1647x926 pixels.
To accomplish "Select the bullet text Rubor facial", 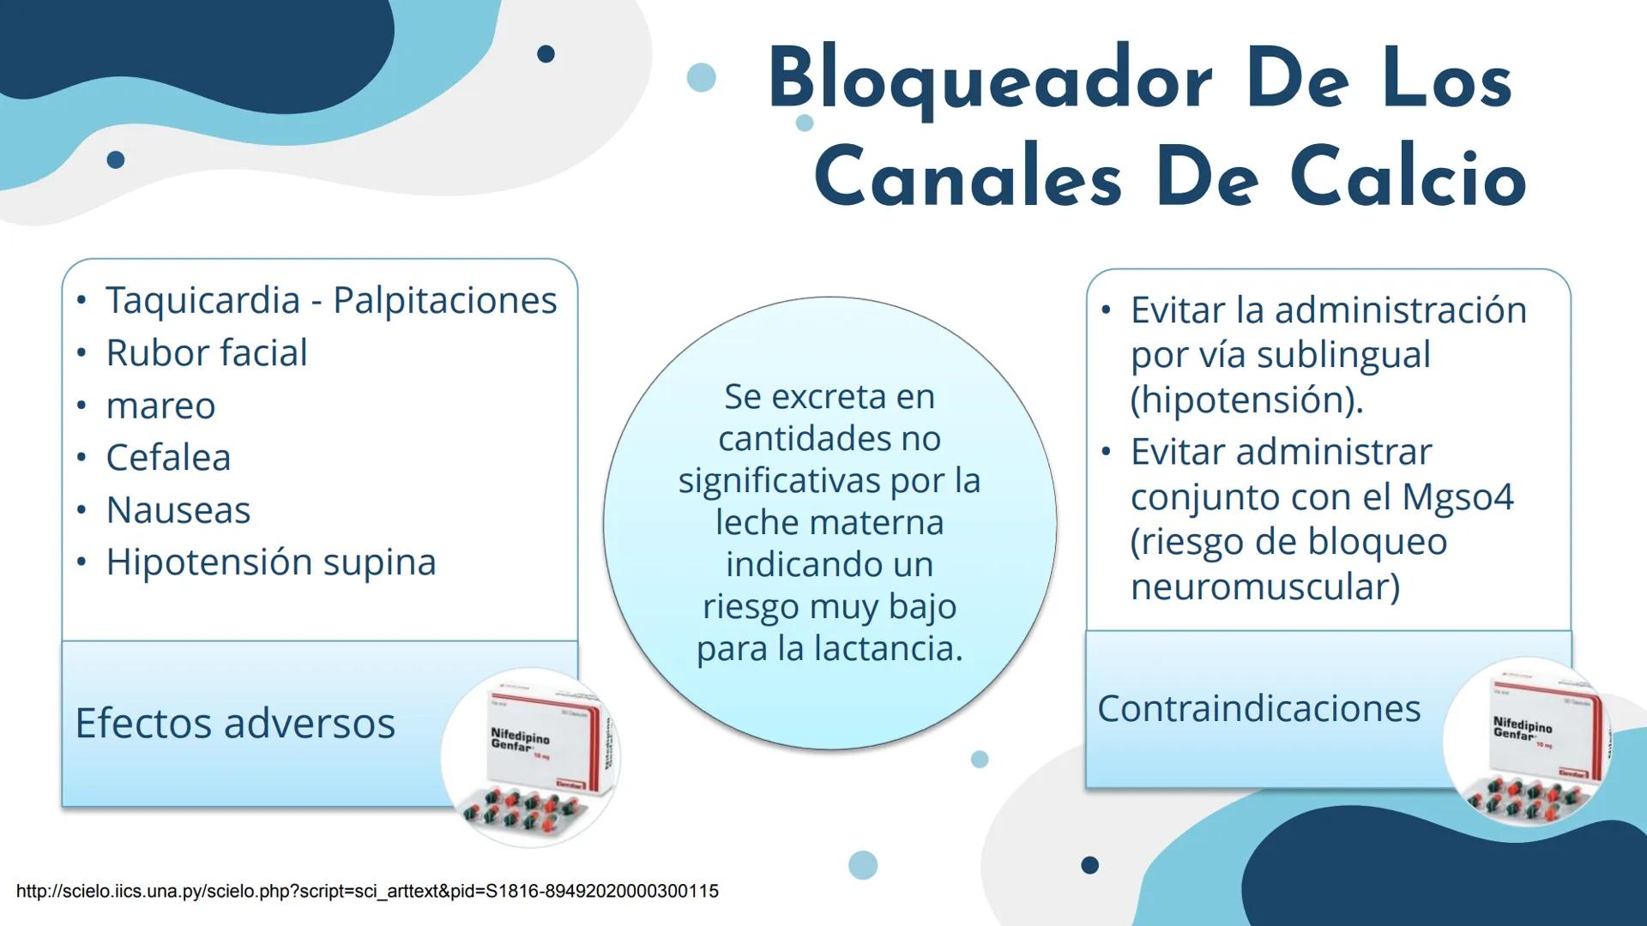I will pyautogui.click(x=207, y=353).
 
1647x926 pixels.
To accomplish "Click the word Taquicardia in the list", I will pyautogui.click(x=203, y=301).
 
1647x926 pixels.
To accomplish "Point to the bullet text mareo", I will pyautogui.click(x=160, y=406).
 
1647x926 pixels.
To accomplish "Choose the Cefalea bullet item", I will pyautogui.click(x=168, y=458).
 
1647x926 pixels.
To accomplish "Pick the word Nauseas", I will pyautogui.click(x=178, y=510).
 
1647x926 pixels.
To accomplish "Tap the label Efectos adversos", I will pyautogui.click(x=235, y=723).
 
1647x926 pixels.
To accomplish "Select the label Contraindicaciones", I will pyautogui.click(x=1258, y=708).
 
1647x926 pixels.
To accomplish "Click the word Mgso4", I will pyautogui.click(x=1457, y=497).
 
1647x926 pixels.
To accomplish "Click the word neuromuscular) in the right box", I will pyautogui.click(x=1264, y=587).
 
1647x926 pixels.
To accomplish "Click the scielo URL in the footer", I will pyautogui.click(x=367, y=891).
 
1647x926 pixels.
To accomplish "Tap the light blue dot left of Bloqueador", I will pyautogui.click(x=702, y=77).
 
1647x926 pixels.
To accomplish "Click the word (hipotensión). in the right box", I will pyautogui.click(x=1246, y=400).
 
